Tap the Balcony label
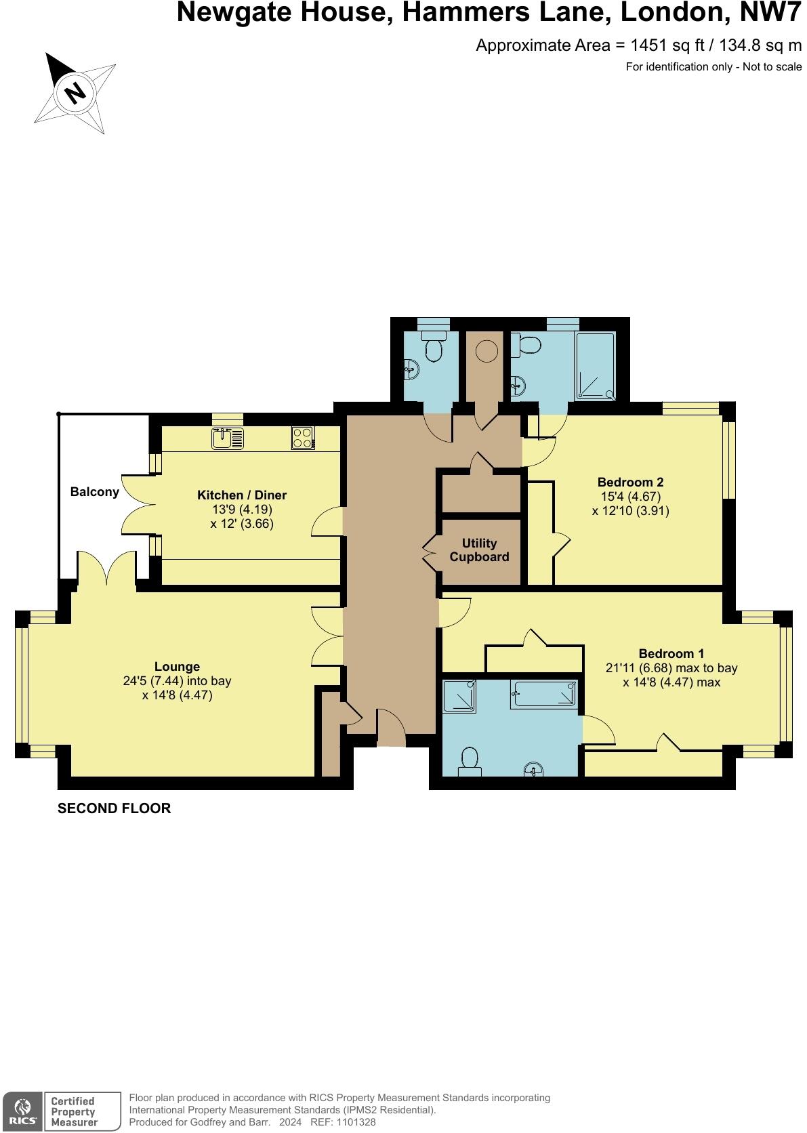tap(95, 492)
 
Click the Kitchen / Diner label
tap(242, 495)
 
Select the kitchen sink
tap(227, 438)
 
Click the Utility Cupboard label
tap(479, 550)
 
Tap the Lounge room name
tap(177, 666)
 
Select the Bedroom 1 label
tap(671, 654)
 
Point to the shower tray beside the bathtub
tap(460, 696)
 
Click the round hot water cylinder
tap(486, 350)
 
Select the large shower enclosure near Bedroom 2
tap(596, 366)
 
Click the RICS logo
tap(21, 1111)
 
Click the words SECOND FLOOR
tap(114, 808)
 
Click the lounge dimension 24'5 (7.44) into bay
tap(177, 681)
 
